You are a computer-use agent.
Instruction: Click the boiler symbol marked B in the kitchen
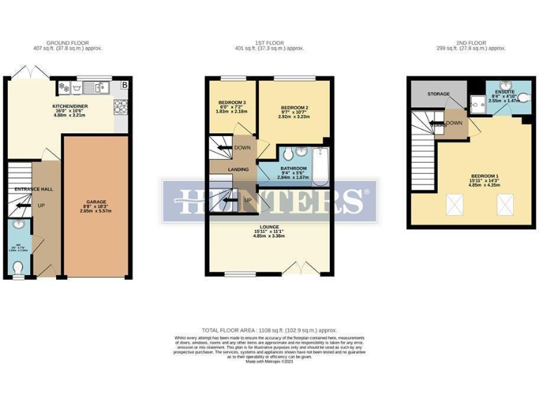125,86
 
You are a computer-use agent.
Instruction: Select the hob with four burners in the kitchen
120,106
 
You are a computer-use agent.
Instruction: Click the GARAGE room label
95,201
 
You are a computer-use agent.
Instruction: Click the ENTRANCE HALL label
29,189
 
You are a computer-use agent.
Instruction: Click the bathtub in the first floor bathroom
320,167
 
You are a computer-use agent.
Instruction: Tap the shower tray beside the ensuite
478,104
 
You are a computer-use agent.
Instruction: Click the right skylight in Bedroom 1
504,204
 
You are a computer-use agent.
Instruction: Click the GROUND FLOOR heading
69,43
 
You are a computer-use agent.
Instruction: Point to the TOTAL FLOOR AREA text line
269,329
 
